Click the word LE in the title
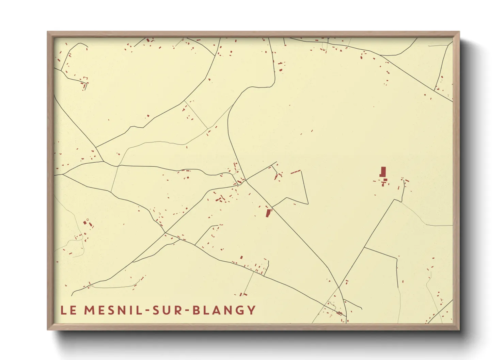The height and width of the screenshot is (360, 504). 68,310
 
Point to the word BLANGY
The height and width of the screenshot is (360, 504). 224,310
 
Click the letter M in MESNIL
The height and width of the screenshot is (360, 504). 89,310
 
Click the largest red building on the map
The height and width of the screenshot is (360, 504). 383,172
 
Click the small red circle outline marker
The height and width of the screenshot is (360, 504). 88,220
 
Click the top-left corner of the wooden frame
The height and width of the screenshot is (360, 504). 48,32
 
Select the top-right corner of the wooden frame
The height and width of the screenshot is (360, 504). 459,32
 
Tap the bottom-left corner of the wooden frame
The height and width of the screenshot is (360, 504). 48,329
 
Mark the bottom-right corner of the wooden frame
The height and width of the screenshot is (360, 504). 459,329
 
